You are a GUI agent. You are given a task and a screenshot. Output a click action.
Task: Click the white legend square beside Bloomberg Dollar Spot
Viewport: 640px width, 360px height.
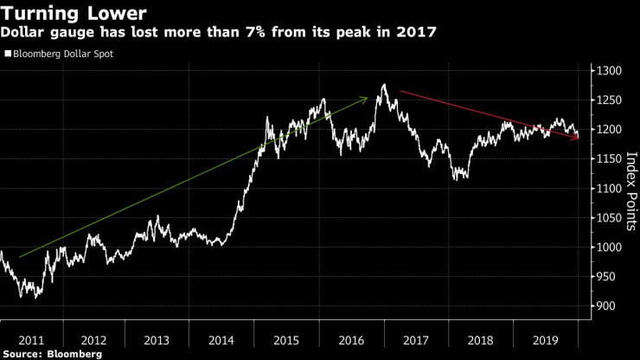(8, 54)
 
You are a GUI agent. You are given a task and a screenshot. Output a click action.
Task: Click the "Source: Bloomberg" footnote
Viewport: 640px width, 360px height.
(52, 354)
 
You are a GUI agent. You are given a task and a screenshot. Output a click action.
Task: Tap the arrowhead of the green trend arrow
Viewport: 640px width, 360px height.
(366, 100)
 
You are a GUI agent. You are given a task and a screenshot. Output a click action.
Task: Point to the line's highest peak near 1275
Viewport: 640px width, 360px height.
(383, 85)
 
